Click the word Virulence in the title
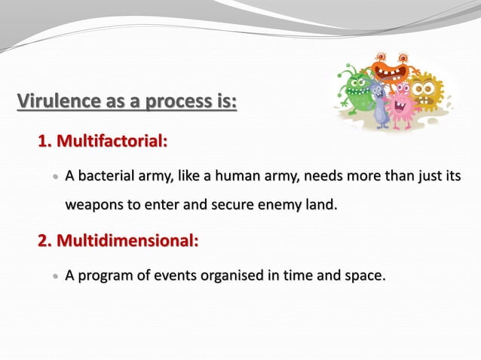[52, 99]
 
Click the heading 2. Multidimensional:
[118, 241]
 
